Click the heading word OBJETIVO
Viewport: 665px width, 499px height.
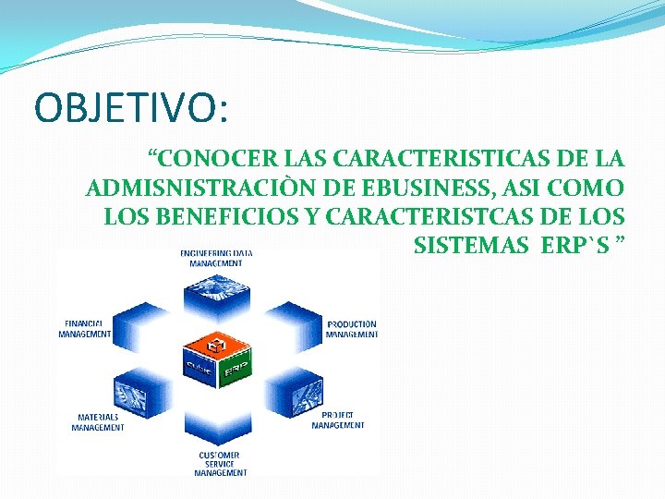tap(128, 106)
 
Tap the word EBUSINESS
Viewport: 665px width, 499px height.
tap(417, 189)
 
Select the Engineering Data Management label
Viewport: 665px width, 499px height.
tap(216, 258)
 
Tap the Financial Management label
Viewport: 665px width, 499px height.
tap(85, 329)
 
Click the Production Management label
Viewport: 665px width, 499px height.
tap(351, 329)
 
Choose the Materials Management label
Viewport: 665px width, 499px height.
tap(98, 421)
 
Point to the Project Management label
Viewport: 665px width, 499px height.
tap(338, 420)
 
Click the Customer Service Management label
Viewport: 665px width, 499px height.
tap(220, 463)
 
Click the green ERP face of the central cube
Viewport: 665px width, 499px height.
tap(236, 369)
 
